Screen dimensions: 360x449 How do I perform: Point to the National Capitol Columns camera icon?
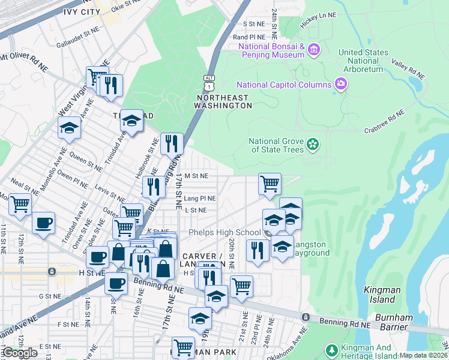coord(341,85)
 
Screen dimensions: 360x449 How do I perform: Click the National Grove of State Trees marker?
coord(312,144)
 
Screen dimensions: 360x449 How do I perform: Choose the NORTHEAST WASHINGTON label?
coord(223,101)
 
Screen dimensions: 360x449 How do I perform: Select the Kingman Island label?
coord(382,295)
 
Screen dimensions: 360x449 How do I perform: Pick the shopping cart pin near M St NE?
coord(270,184)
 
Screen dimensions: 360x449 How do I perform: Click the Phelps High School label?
coord(224,233)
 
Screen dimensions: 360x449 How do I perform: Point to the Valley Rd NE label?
coord(408,69)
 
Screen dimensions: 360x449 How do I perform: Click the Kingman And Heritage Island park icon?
coord(331,350)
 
